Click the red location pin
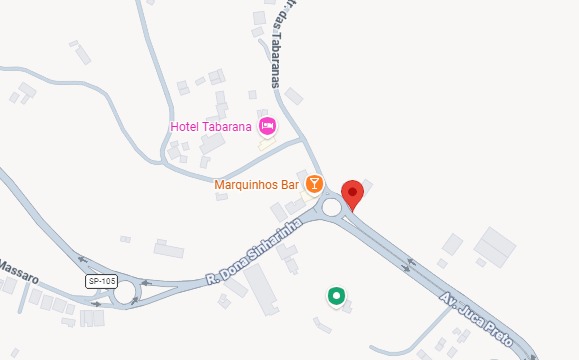click(351, 195)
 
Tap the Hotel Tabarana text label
click(212, 126)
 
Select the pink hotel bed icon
click(267, 126)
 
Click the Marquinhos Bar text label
click(257, 185)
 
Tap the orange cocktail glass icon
click(314, 183)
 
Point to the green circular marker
click(337, 295)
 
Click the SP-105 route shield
click(98, 280)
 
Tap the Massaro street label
click(17, 268)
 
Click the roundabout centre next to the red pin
click(332, 208)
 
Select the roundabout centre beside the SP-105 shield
click(125, 294)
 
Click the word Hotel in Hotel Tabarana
click(186, 126)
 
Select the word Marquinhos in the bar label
click(245, 185)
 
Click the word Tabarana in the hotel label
click(229, 126)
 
